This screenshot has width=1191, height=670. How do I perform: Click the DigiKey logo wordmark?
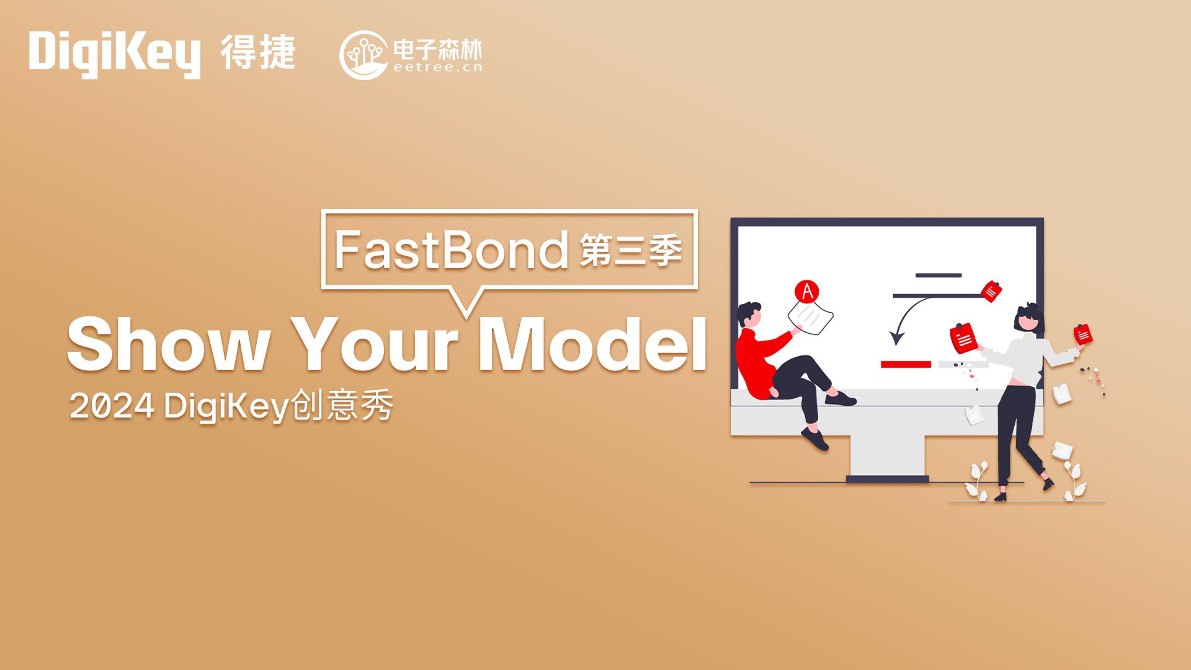point(115,55)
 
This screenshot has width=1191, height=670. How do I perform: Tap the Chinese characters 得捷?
point(258,52)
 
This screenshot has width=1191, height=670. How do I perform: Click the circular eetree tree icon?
point(364,55)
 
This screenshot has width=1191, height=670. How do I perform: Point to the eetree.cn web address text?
point(438,68)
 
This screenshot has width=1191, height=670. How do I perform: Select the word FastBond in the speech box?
point(451,249)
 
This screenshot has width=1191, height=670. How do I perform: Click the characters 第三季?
point(631,250)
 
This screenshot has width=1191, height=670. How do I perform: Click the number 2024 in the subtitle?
point(112,406)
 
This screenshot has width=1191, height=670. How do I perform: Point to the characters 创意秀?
point(342,406)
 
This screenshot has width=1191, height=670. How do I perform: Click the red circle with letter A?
point(806,292)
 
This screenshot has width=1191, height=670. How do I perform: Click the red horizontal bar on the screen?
point(906,364)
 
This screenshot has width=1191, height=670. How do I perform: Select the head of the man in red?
point(749,315)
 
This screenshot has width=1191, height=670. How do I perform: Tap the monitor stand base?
point(887,479)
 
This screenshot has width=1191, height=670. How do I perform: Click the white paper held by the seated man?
point(811,316)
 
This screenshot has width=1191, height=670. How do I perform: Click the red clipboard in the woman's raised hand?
point(1082,334)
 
